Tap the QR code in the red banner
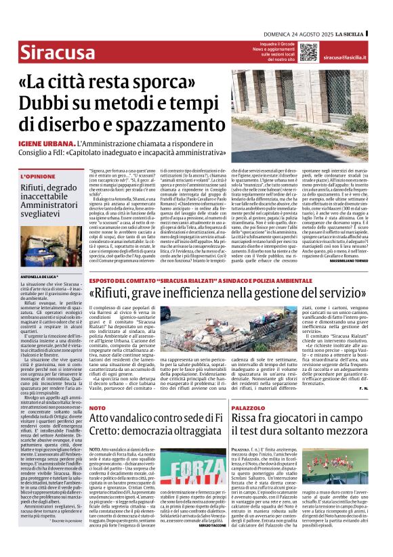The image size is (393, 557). pos(308,52)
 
